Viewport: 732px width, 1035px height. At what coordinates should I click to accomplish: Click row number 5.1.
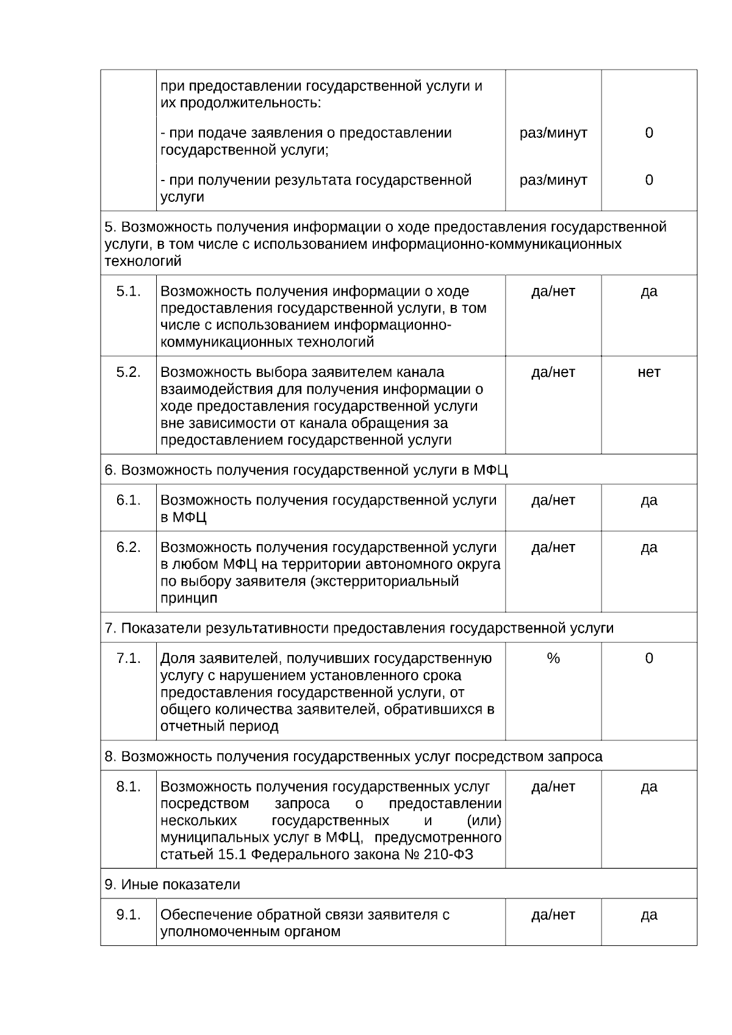(x=128, y=292)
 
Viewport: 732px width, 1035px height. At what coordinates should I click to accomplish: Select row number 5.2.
(x=128, y=373)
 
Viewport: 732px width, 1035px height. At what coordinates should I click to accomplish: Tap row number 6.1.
(x=128, y=500)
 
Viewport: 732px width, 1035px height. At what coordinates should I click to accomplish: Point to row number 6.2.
(x=128, y=548)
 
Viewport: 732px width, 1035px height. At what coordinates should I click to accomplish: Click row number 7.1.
(x=128, y=659)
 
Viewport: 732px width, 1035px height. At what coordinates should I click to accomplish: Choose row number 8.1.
(x=128, y=787)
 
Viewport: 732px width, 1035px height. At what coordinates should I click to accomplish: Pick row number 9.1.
(x=128, y=915)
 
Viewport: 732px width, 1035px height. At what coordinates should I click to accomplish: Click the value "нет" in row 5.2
(x=648, y=373)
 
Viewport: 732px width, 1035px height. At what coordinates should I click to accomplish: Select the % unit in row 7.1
(x=553, y=659)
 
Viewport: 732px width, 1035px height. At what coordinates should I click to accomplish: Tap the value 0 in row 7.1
(x=648, y=659)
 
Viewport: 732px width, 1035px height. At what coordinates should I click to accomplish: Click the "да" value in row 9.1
(x=648, y=915)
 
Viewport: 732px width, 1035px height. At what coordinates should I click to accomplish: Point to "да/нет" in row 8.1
(x=553, y=787)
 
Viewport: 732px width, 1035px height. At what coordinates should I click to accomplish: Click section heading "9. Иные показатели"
(x=172, y=884)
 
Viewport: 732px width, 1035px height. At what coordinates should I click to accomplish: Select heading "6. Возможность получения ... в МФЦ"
(x=306, y=470)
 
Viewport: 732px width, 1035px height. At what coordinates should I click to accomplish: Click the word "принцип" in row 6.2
(x=188, y=598)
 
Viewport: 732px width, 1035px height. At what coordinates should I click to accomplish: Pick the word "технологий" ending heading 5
(x=143, y=262)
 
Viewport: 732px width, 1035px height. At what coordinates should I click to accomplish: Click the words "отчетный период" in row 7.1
(x=219, y=726)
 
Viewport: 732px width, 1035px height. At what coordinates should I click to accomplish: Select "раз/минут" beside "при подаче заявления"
(x=553, y=133)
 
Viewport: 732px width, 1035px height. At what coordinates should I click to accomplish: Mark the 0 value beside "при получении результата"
(x=648, y=180)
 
